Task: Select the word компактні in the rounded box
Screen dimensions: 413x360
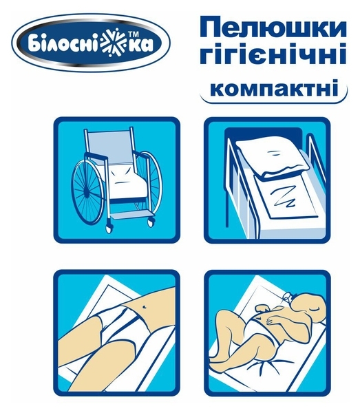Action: point(273,89)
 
